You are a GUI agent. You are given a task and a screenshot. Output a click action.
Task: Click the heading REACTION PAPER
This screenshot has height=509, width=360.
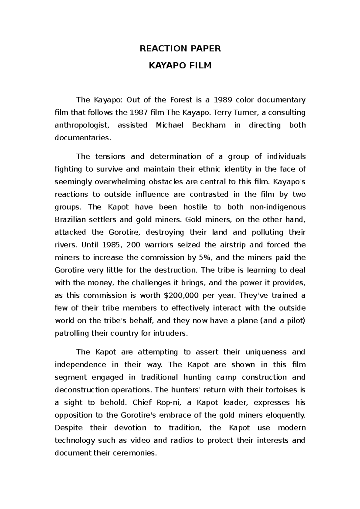[180, 49]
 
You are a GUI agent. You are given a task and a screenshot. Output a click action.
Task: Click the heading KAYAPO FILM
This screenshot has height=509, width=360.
[180, 65]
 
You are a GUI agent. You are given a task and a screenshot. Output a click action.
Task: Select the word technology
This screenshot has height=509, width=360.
[75, 441]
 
